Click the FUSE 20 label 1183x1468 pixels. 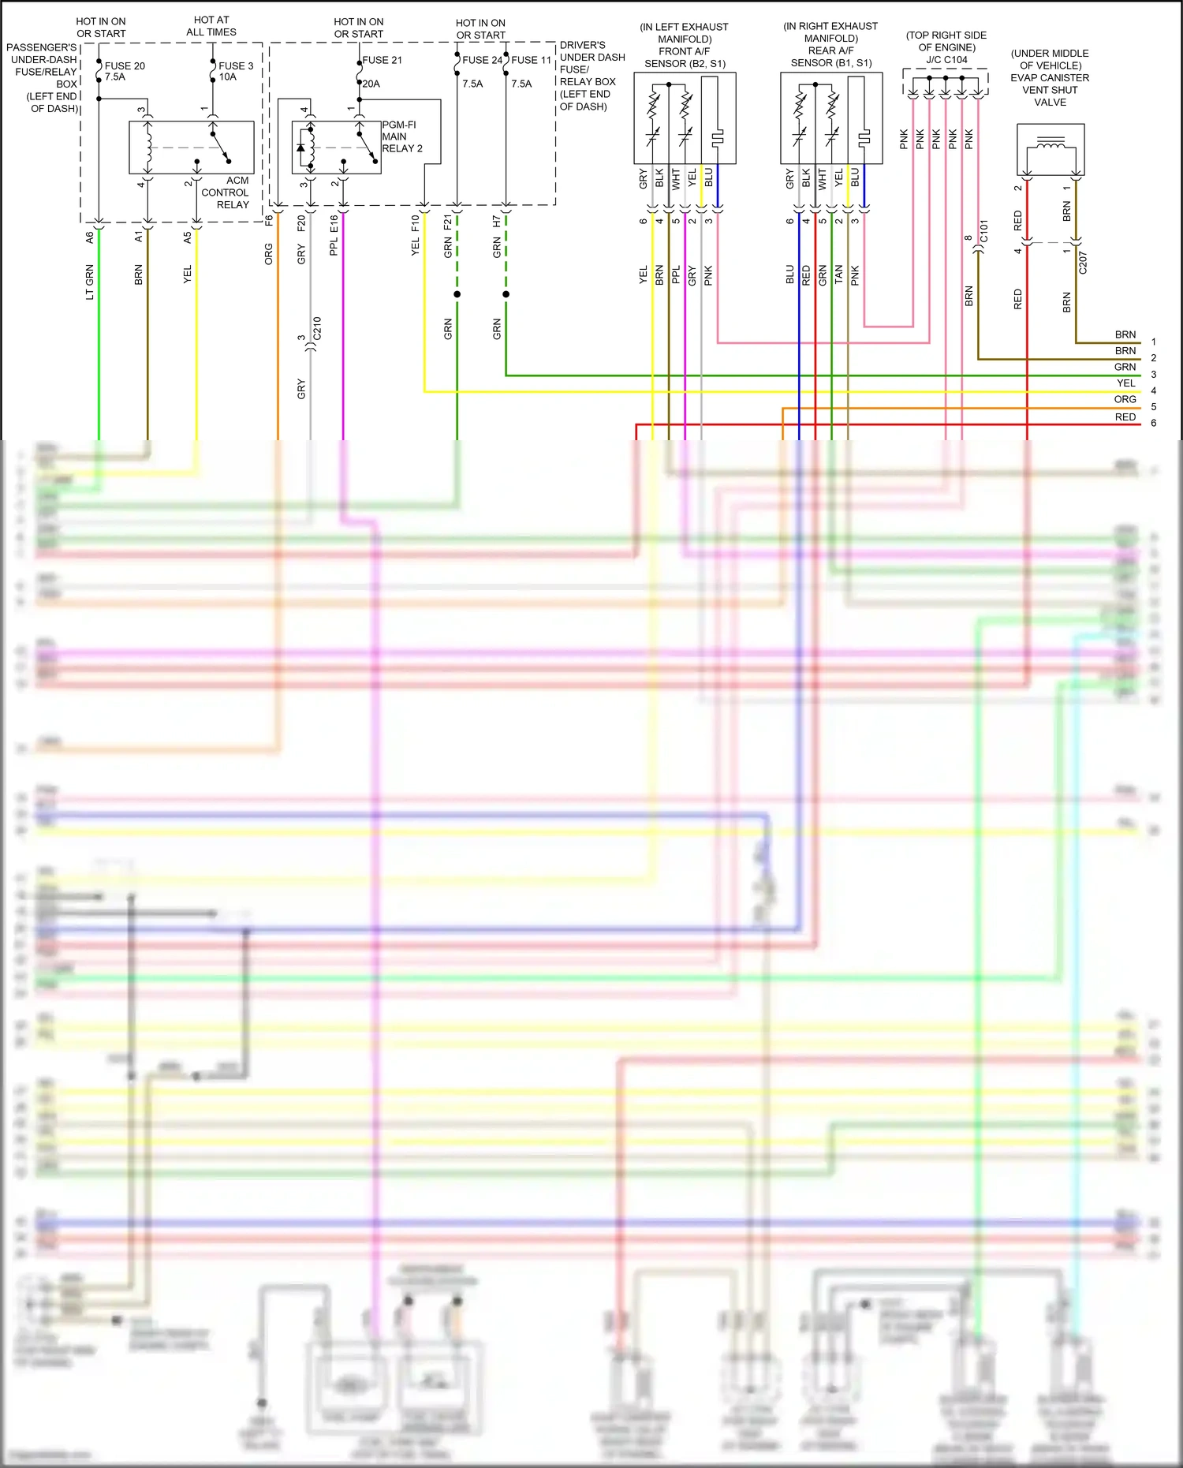click(x=125, y=66)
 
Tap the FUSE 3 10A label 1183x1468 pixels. click(x=236, y=71)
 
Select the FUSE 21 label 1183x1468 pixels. click(x=382, y=60)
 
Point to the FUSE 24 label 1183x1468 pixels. click(x=482, y=60)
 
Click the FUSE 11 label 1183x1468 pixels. click(x=531, y=60)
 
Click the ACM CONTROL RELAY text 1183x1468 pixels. click(x=226, y=192)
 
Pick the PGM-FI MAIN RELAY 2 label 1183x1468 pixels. click(x=402, y=136)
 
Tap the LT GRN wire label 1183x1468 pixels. click(x=90, y=282)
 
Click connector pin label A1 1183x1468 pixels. click(x=139, y=236)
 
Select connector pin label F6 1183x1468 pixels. click(x=269, y=221)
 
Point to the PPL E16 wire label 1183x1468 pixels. click(x=334, y=235)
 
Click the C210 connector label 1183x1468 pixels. click(x=317, y=328)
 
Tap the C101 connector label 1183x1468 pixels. click(x=983, y=231)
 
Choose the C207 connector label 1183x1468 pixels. click(x=1082, y=263)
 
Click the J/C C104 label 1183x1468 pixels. click(x=946, y=60)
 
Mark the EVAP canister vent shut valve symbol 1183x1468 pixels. click(x=1051, y=150)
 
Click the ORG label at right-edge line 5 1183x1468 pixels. click(x=1125, y=400)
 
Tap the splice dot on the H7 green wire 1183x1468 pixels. click(x=506, y=294)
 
